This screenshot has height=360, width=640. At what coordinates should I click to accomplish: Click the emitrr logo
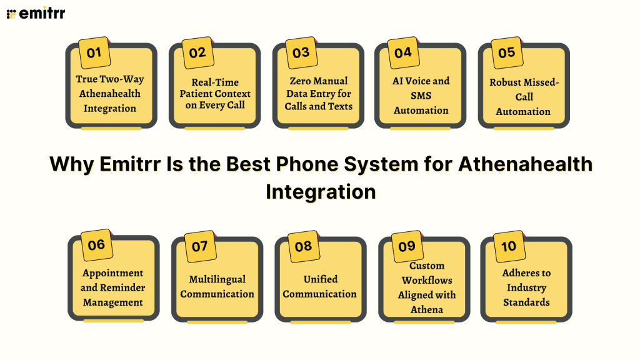[x=36, y=13]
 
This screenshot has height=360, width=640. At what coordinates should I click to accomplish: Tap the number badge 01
[x=94, y=53]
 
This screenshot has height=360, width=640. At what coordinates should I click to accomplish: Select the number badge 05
[x=506, y=52]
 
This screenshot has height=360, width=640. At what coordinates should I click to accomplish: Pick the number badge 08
[x=303, y=246]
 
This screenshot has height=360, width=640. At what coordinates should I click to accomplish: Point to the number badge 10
[x=509, y=246]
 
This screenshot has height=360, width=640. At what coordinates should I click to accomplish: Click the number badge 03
[x=301, y=52]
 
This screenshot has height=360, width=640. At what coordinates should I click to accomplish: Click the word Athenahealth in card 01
[x=110, y=94]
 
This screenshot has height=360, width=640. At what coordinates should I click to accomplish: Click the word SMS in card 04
[x=421, y=96]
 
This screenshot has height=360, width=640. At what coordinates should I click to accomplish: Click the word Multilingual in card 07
[x=217, y=279]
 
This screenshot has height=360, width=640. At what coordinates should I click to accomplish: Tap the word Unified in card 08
[x=320, y=279]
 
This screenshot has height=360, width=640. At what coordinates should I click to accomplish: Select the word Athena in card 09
[x=427, y=309]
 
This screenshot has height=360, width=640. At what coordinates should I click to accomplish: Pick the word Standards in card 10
[x=526, y=302]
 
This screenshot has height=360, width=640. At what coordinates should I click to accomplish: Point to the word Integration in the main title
[x=321, y=191]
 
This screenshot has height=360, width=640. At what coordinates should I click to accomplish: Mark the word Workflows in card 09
[x=427, y=280]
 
